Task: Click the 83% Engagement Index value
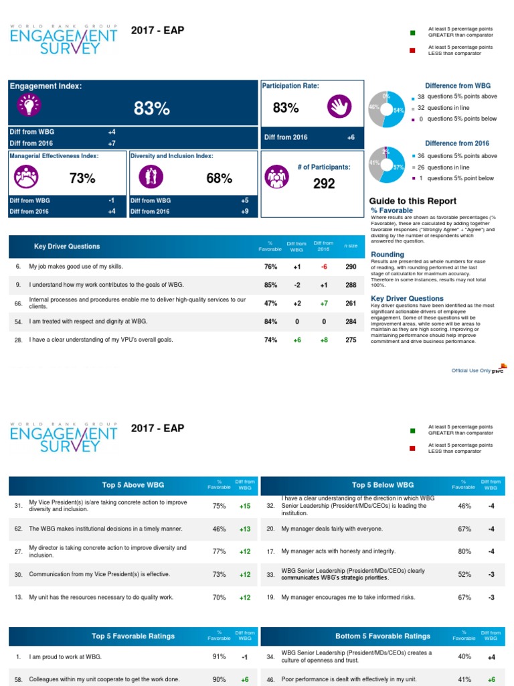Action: [x=152, y=109]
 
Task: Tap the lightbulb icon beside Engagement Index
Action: [x=30, y=106]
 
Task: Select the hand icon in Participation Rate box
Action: [x=339, y=107]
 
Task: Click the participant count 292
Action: [x=324, y=184]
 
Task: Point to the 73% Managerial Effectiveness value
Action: [x=82, y=178]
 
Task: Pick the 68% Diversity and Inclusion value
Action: [x=219, y=178]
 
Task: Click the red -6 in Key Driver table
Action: [x=324, y=267]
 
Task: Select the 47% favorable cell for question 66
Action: [x=270, y=303]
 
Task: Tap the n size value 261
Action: [x=351, y=303]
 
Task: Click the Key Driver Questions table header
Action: [x=67, y=247]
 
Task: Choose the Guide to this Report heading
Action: [x=413, y=201]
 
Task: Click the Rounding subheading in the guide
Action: [x=387, y=255]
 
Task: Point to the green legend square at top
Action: [x=412, y=32]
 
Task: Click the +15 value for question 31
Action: [x=246, y=506]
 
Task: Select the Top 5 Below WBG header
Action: [x=383, y=485]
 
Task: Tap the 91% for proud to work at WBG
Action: [x=220, y=657]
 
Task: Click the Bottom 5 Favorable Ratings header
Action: [x=383, y=636]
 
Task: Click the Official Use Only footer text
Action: [x=471, y=370]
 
